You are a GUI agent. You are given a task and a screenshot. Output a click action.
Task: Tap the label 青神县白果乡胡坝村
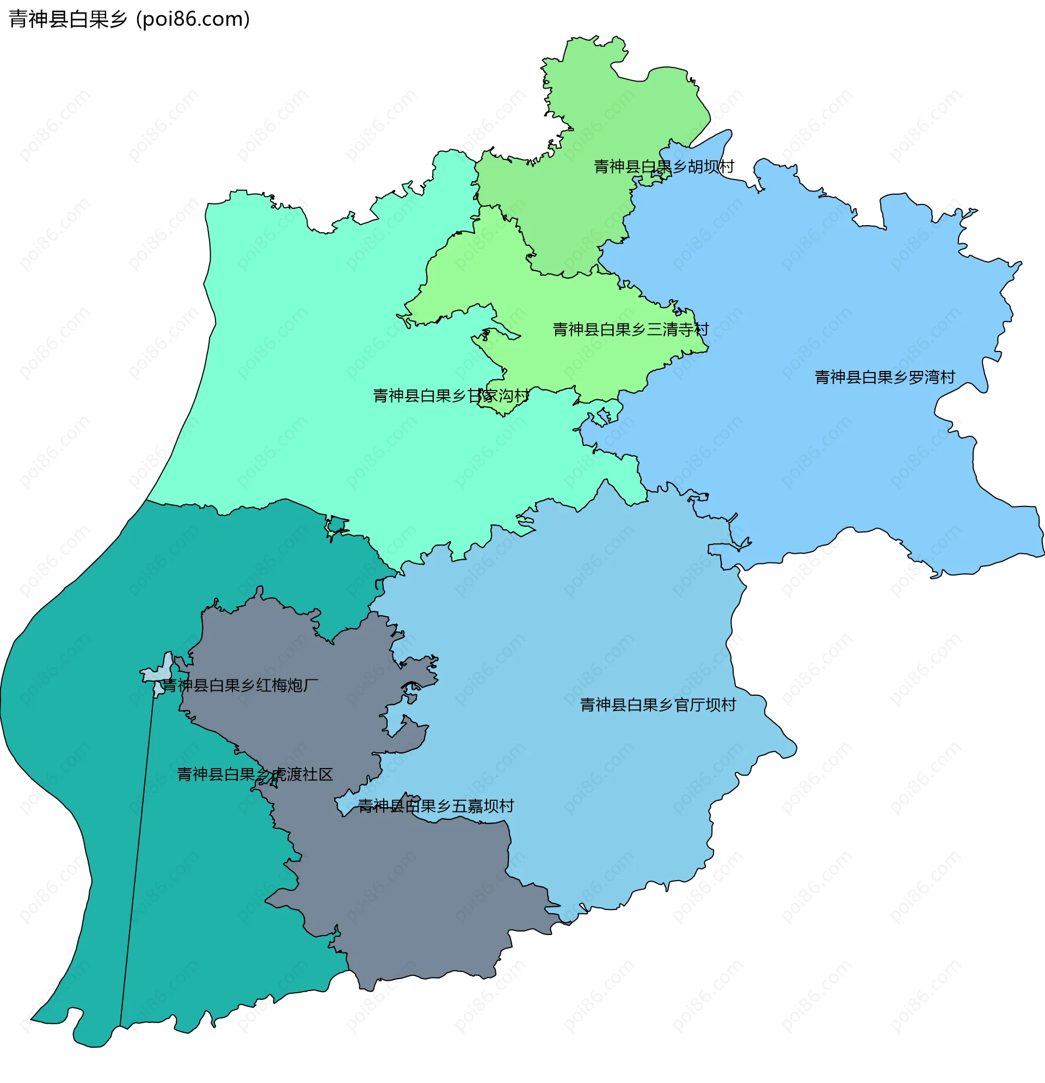(x=663, y=166)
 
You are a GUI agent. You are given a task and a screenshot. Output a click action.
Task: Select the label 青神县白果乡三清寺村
(x=630, y=330)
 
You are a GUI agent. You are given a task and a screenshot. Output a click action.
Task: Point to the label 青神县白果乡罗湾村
(x=884, y=377)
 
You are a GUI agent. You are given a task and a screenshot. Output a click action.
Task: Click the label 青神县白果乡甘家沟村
(x=451, y=395)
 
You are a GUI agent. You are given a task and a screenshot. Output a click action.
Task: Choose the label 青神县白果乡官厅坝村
(x=658, y=705)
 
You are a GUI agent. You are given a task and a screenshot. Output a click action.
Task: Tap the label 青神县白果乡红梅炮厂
(x=240, y=686)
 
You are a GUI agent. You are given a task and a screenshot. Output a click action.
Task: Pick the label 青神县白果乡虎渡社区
(x=255, y=775)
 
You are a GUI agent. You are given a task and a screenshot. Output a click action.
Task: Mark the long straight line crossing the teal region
(x=138, y=857)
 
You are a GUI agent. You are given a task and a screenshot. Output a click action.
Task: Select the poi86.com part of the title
(x=193, y=20)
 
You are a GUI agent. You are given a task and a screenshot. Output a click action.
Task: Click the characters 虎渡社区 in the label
(x=302, y=775)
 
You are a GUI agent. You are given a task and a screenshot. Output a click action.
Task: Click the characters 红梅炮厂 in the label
(x=287, y=686)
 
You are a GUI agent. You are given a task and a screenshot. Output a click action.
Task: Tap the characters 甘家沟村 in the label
(x=497, y=395)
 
